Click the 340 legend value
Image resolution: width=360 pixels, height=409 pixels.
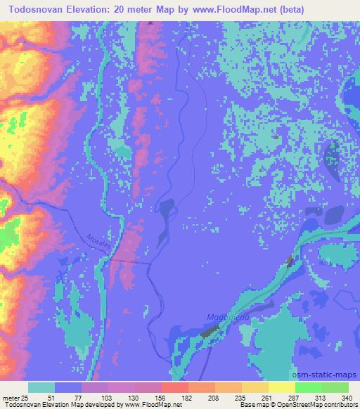click(345, 397)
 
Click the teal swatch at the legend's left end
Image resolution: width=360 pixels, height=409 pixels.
click(41, 387)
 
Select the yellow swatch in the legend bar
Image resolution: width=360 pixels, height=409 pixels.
click(282, 387)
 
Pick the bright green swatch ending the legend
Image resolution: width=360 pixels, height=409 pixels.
click(335, 387)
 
